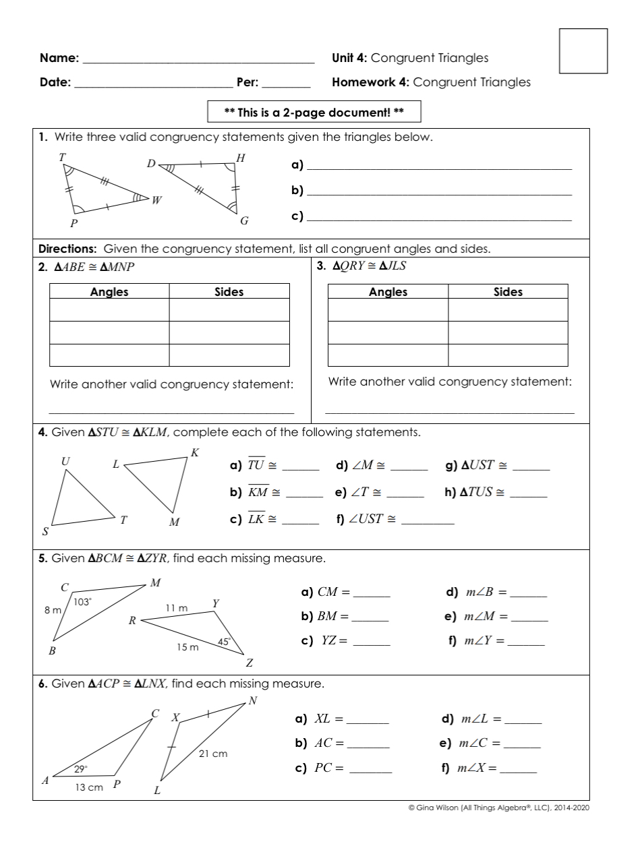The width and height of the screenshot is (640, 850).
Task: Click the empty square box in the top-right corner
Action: [583, 51]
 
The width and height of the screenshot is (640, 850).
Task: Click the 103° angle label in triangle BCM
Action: [82, 602]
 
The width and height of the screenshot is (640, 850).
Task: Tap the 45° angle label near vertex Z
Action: [224, 642]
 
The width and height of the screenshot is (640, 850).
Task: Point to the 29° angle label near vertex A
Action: [81, 769]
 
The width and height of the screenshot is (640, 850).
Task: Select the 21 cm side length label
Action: [213, 754]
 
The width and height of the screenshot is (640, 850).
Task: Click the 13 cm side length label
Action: [89, 787]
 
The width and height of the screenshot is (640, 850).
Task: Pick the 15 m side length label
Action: [187, 647]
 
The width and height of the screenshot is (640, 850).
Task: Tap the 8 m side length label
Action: [53, 610]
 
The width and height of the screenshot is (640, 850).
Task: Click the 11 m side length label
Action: [177, 608]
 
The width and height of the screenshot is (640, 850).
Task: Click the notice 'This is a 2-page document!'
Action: [314, 112]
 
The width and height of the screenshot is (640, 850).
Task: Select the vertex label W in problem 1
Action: [156, 200]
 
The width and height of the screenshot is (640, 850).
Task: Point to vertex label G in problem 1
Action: [244, 220]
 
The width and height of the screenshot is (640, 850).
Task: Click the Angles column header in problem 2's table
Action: [109, 292]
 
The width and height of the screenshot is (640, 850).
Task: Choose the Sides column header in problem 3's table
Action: [508, 292]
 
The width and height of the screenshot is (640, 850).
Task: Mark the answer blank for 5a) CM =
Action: [372, 595]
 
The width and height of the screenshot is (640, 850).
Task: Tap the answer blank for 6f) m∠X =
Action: [518, 770]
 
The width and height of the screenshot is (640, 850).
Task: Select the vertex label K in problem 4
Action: [195, 452]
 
